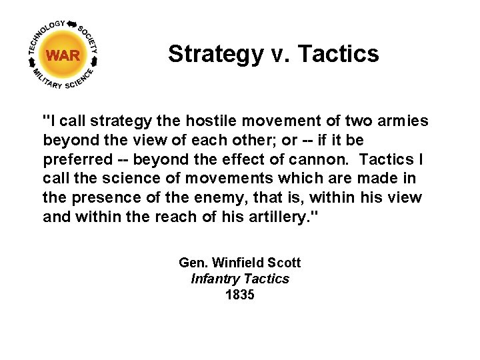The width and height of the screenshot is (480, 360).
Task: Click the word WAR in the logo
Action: click(63, 55)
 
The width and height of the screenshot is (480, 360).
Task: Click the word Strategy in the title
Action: click(215, 54)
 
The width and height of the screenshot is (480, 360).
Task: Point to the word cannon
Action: click(326, 160)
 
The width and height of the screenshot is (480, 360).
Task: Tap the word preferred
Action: click(74, 160)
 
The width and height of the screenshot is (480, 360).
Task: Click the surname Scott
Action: click(283, 263)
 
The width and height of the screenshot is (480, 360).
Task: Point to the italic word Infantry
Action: click(215, 279)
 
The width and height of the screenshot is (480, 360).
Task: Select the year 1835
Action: click(240, 295)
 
